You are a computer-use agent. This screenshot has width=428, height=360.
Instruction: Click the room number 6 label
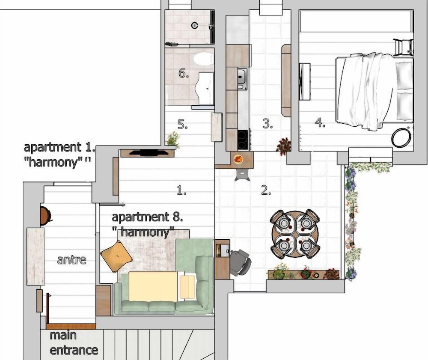pyautogui.click(x=184, y=73)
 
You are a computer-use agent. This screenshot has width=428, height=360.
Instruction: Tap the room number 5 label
pyautogui.click(x=183, y=124)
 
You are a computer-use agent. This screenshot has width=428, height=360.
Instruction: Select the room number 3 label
pyautogui.click(x=267, y=124)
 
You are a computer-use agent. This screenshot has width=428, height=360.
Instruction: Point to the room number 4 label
pyautogui.click(x=320, y=122)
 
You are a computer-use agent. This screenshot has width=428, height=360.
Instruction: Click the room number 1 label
pyautogui.click(x=181, y=190)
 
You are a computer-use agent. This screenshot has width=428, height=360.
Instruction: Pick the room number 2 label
pyautogui.click(x=266, y=190)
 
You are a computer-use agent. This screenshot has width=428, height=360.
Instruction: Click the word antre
pyautogui.click(x=72, y=259)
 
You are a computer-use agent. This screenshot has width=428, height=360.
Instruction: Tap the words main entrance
pyautogui.click(x=74, y=343)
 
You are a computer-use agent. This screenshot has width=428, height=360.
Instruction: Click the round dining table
pyautogui.click(x=295, y=234)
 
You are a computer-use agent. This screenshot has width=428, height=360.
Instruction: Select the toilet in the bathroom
pyautogui.click(x=203, y=59)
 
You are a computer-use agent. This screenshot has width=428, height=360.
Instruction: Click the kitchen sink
pyautogui.click(x=242, y=79)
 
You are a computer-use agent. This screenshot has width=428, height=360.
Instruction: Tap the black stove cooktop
pyautogui.click(x=243, y=140)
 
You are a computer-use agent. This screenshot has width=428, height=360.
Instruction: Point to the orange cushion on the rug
pyautogui.click(x=116, y=256)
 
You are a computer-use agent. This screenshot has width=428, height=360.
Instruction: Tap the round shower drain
pyautogui.click(x=195, y=26)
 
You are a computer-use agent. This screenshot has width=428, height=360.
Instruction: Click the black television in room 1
pyautogui.click(x=149, y=153)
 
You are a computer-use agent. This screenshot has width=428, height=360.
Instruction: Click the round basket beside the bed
pyautogui.click(x=401, y=137)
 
